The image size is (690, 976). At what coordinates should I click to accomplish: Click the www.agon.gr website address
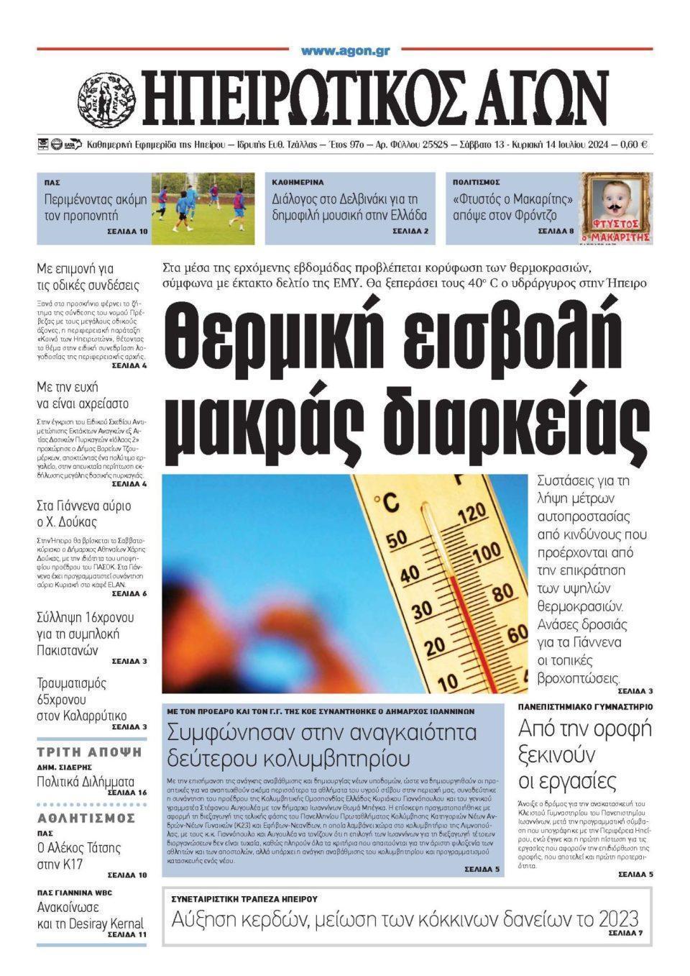[x=345, y=50]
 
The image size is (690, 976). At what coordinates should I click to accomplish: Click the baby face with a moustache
[x=615, y=201]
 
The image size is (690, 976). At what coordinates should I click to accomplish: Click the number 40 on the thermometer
[x=408, y=575]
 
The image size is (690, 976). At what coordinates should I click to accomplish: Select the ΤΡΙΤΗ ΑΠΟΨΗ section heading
[x=89, y=752]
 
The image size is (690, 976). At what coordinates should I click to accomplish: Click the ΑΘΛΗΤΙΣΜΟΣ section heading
[x=86, y=818]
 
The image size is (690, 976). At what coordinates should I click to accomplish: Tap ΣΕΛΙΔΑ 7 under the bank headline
[x=625, y=933]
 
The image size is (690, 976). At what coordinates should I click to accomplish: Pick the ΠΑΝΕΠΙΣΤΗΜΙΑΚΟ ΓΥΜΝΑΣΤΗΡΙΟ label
[x=585, y=707]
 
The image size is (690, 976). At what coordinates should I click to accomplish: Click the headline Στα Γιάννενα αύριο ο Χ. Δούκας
[x=83, y=514]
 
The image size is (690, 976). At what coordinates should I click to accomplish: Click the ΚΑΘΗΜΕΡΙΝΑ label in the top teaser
[x=298, y=182]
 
